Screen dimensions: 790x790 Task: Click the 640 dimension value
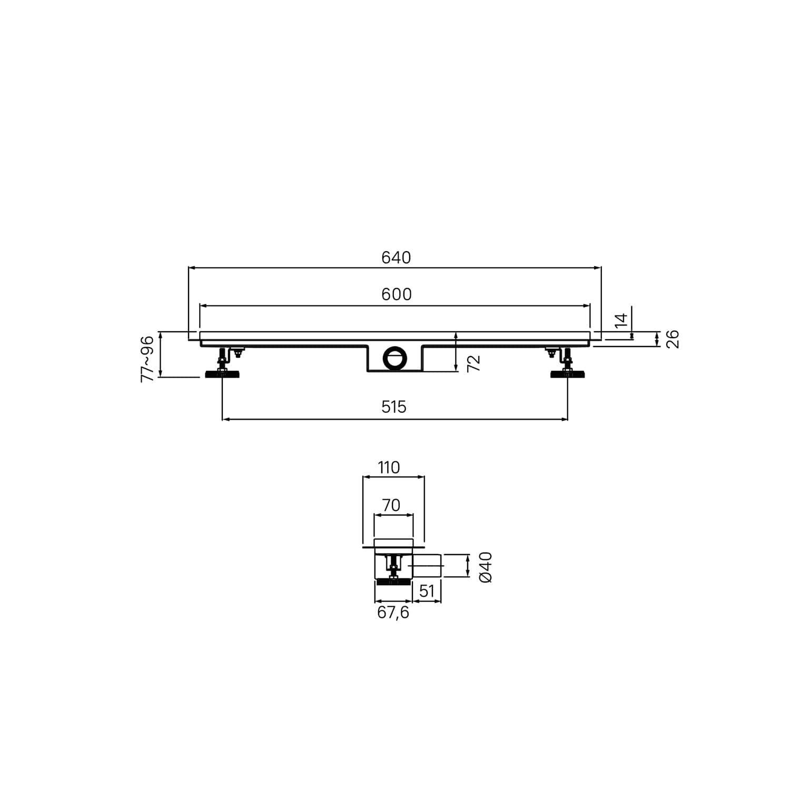click(396, 258)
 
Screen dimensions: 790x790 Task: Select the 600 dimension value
click(397, 294)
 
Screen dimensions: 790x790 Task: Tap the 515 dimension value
click(394, 407)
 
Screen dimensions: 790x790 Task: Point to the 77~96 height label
click(147, 359)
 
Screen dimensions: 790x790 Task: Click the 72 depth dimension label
click(474, 363)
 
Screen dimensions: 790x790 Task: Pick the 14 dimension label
click(621, 320)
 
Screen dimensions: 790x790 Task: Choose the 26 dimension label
click(673, 339)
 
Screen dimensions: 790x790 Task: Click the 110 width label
click(389, 468)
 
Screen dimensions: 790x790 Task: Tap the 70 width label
click(391, 506)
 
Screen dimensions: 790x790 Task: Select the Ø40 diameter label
click(486, 567)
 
